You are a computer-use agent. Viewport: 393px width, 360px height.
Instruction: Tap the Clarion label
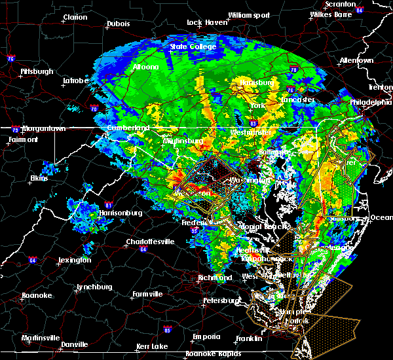[75, 17]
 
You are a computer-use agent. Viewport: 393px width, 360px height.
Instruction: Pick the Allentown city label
[356, 60]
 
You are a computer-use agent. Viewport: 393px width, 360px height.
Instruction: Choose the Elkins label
[39, 177]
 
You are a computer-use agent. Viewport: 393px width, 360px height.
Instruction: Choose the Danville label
[75, 344]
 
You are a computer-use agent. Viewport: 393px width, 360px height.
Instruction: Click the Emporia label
[206, 336]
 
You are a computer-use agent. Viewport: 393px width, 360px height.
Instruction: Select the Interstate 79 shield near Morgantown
[14, 130]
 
